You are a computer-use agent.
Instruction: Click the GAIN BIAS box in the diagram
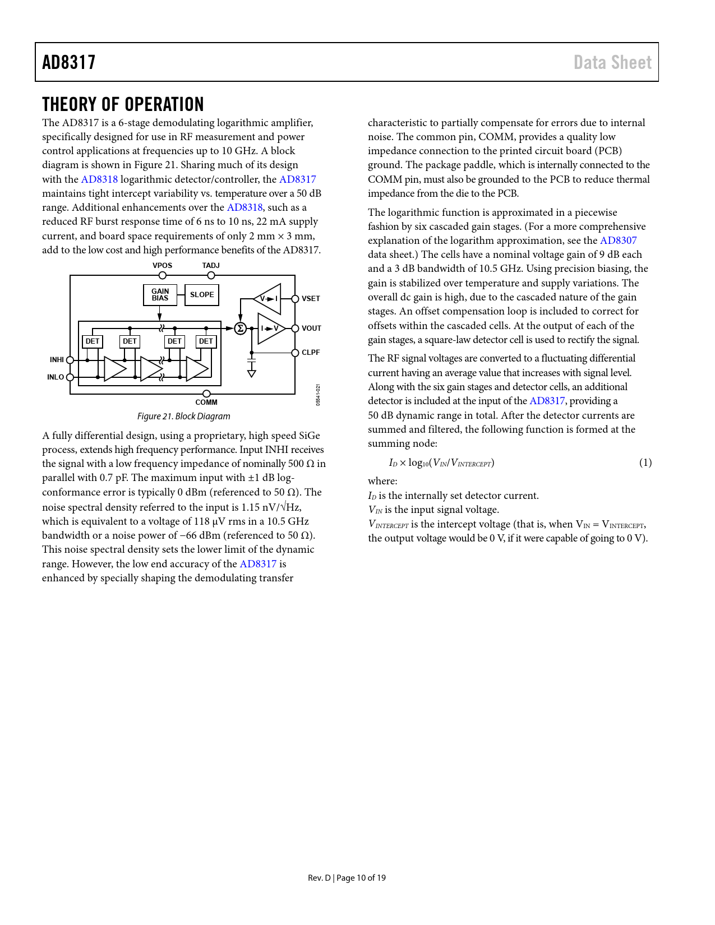pyautogui.click(x=160, y=295)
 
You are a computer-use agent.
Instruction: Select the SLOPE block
pyautogui.click(x=202, y=295)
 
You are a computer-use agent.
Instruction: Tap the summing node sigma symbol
pyautogui.click(x=241, y=329)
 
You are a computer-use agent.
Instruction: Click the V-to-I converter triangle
pyautogui.click(x=269, y=299)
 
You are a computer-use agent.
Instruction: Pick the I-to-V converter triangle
pyautogui.click(x=270, y=329)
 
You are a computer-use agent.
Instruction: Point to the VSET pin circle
pyautogui.click(x=295, y=299)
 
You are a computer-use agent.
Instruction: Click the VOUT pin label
pyautogui.click(x=311, y=329)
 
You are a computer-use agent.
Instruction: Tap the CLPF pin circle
pyautogui.click(x=295, y=353)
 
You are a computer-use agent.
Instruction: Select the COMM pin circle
pyautogui.click(x=206, y=394)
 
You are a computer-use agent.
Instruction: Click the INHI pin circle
pyautogui.click(x=70, y=360)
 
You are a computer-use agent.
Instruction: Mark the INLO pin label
pyautogui.click(x=56, y=377)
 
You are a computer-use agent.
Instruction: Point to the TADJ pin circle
pyautogui.click(x=211, y=275)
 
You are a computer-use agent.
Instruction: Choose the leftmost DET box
pyautogui.click(x=93, y=341)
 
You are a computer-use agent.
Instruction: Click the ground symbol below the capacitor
pyautogui.click(x=252, y=373)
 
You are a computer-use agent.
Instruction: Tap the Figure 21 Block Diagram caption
pyautogui.click(x=184, y=416)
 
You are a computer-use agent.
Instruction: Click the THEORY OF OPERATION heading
pyautogui.click(x=123, y=104)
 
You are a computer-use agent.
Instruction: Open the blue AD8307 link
pyautogui.click(x=619, y=240)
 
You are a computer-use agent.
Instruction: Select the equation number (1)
pyautogui.click(x=645, y=462)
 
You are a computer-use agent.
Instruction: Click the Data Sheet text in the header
pyautogui.click(x=612, y=62)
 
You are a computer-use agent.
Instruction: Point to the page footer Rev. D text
pyautogui.click(x=320, y=878)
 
